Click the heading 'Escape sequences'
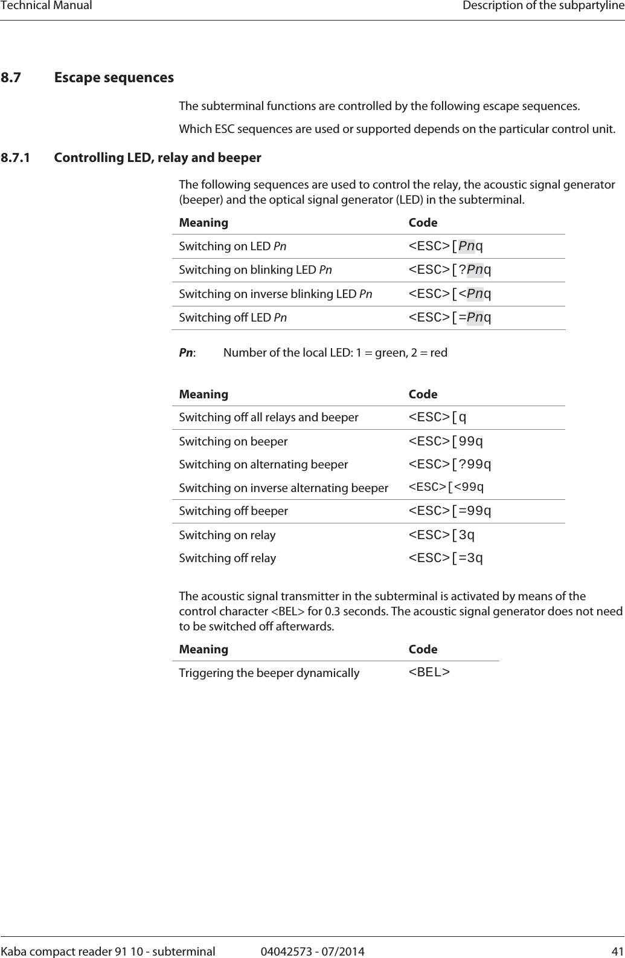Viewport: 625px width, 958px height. coord(114,78)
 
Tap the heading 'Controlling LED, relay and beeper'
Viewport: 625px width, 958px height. coord(158,158)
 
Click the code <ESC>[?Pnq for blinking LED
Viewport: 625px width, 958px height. coord(450,270)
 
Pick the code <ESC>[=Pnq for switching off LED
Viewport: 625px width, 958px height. coord(450,317)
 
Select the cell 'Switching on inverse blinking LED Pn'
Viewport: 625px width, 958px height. coord(275,294)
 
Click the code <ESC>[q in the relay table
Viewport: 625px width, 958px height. coord(438,417)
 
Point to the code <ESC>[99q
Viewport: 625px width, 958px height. coord(446,441)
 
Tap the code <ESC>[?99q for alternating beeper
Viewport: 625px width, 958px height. coord(450,464)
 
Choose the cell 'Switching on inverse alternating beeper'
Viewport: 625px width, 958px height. coord(283,488)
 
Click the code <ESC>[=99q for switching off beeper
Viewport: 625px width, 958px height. coord(450,511)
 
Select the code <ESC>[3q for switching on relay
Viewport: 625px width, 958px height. coord(441,535)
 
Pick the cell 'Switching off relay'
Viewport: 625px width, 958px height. coord(228,558)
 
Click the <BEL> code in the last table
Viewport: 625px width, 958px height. coord(429,672)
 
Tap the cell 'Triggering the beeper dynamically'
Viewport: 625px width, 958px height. coord(269,673)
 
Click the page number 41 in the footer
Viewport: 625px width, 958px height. coord(617,951)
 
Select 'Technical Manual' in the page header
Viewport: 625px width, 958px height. coord(46,6)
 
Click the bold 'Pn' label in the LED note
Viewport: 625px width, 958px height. coord(186,352)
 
